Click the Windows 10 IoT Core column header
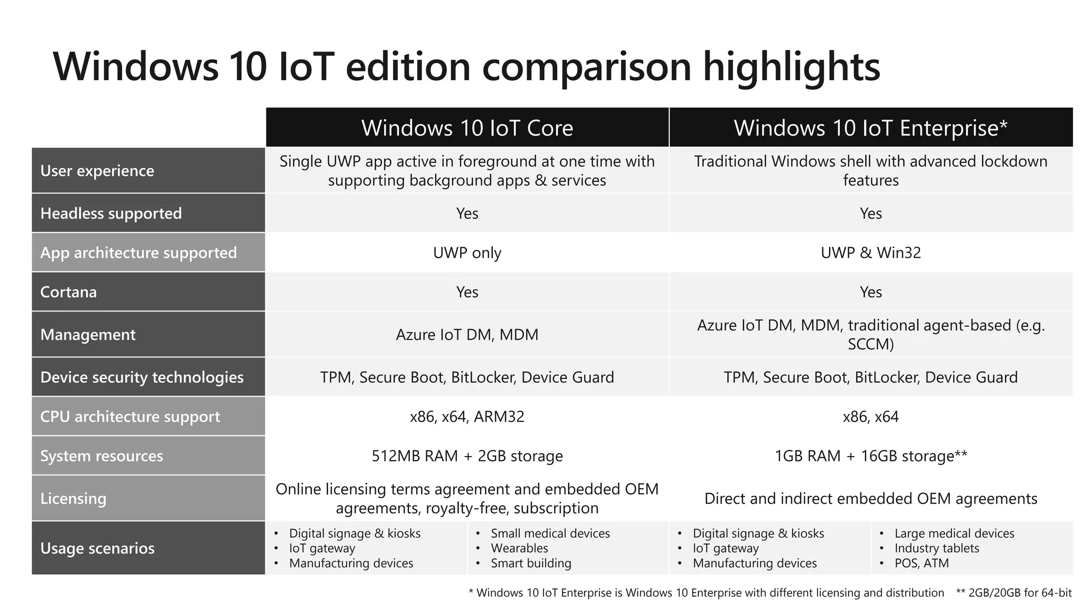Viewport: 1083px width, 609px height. (467, 128)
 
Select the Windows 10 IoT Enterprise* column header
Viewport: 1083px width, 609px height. (870, 128)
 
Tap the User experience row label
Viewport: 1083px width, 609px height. (97, 171)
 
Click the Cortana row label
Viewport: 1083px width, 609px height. (69, 292)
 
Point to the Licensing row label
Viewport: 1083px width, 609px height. (74, 499)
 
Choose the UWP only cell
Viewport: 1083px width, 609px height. (467, 253)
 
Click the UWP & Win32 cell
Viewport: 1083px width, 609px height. (870, 253)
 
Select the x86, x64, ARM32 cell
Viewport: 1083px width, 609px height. (467, 417)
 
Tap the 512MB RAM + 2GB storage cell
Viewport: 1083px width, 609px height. (467, 456)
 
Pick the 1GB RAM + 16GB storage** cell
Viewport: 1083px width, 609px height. (870, 456)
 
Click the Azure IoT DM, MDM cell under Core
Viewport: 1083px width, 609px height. (467, 335)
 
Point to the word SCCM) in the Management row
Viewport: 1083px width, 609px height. (870, 345)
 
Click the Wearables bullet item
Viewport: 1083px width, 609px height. (519, 548)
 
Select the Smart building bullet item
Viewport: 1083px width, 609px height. (531, 563)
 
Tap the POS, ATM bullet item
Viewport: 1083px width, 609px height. (921, 563)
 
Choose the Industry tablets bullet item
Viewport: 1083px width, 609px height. (937, 548)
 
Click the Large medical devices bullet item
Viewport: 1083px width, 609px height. (954, 533)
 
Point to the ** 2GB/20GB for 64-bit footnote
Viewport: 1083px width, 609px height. (1014, 593)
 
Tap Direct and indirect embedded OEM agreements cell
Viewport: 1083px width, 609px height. (870, 499)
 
